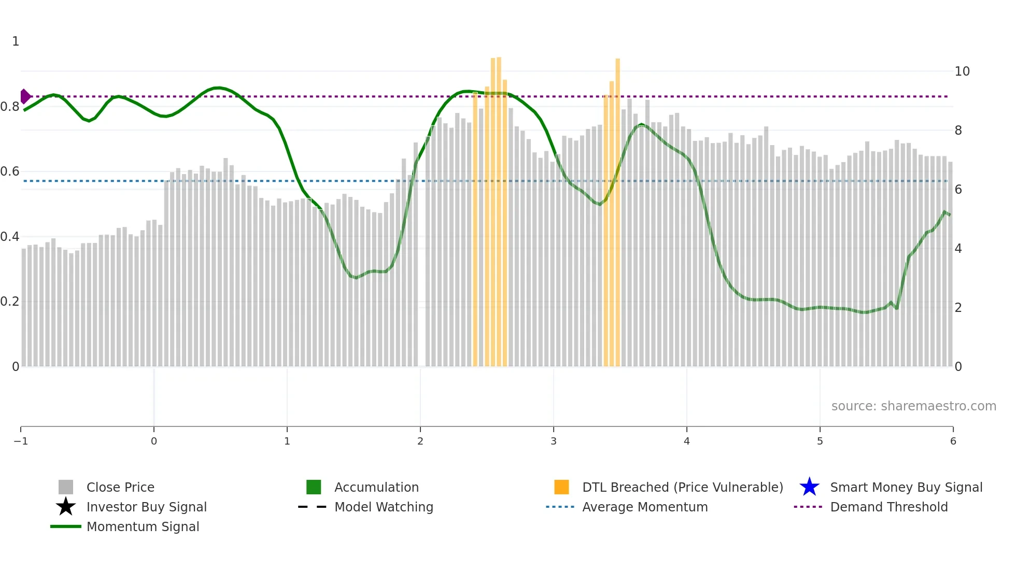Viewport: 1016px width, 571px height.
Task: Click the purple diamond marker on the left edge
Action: pos(25,96)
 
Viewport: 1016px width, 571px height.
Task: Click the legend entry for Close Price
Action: pos(120,487)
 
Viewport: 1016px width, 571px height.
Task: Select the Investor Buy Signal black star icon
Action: pos(66,507)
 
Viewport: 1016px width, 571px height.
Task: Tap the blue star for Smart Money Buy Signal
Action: pos(809,487)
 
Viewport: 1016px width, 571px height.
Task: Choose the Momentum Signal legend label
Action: pos(143,526)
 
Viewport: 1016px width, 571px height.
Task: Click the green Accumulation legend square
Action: pos(314,487)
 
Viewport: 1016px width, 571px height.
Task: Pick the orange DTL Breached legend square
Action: pos(561,487)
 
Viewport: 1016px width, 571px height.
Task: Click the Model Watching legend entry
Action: pos(384,507)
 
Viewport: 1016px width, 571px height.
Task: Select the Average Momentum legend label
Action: pos(645,507)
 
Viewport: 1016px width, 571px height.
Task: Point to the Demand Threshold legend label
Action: pos(888,507)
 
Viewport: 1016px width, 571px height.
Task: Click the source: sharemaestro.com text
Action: pos(913,406)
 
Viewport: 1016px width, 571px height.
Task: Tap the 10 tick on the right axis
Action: pos(962,72)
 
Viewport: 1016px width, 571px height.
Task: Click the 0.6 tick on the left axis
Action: pos(10,172)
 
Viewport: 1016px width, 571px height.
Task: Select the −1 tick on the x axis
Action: pos(21,441)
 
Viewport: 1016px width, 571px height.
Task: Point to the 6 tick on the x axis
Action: pos(953,441)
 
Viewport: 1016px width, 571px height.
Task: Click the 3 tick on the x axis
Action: pos(554,441)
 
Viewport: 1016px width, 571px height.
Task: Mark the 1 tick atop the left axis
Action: pos(16,41)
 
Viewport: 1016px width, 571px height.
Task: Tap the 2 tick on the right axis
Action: pos(958,308)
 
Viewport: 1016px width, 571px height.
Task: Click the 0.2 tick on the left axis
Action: pos(10,302)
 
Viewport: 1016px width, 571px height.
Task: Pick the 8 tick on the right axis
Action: pos(958,131)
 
